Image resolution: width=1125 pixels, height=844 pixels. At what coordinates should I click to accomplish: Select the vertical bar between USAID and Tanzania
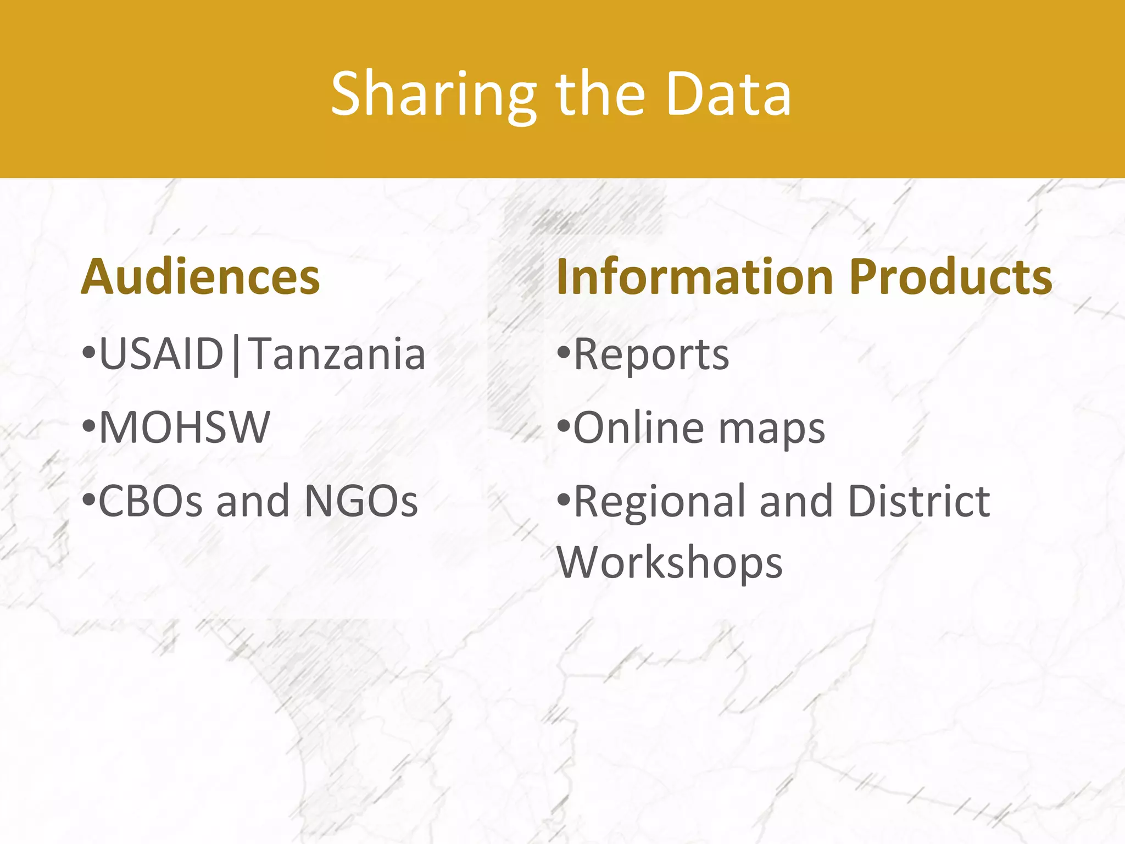(x=236, y=356)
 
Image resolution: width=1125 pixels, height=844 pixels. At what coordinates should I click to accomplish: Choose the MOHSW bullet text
(x=185, y=427)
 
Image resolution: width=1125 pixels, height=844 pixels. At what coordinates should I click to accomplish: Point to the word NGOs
(x=361, y=501)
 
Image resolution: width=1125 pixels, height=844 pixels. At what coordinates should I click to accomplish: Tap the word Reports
(x=651, y=355)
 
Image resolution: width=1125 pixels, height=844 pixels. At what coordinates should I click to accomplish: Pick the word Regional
(x=659, y=502)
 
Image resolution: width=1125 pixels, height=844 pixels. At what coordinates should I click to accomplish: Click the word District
(x=919, y=501)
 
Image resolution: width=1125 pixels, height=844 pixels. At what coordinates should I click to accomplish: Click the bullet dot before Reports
(x=564, y=352)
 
